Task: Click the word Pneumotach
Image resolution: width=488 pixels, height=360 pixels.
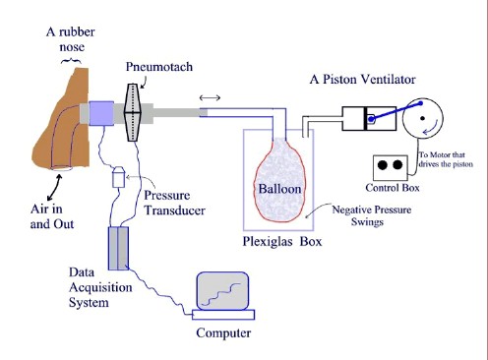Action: (159, 67)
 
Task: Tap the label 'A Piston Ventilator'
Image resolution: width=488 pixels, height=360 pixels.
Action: (362, 79)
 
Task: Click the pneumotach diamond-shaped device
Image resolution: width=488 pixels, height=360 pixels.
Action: (133, 112)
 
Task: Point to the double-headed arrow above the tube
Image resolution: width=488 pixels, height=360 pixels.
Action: (210, 97)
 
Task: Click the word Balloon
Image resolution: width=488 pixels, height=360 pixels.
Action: (279, 189)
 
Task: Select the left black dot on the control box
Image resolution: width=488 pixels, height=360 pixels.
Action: (383, 164)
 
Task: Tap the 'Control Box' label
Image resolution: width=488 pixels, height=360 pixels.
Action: (393, 188)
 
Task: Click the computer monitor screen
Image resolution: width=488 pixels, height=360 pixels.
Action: (222, 291)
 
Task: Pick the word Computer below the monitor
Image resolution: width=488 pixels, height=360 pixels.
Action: (223, 332)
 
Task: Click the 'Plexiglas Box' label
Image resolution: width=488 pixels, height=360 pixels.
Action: (282, 241)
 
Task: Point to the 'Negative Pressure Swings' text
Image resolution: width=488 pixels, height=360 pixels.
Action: (371, 215)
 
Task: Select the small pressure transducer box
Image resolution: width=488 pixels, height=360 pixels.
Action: (118, 177)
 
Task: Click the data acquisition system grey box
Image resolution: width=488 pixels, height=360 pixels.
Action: (118, 249)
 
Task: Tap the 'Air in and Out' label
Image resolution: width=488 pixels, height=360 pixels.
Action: (52, 216)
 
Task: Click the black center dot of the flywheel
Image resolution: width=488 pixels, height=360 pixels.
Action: (422, 118)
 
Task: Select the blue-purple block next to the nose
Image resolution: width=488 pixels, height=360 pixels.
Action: (101, 113)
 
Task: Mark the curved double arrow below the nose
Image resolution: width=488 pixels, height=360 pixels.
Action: (54, 188)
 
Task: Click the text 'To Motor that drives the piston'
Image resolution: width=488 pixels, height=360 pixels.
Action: (446, 159)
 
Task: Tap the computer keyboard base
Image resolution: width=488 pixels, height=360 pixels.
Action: (223, 315)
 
